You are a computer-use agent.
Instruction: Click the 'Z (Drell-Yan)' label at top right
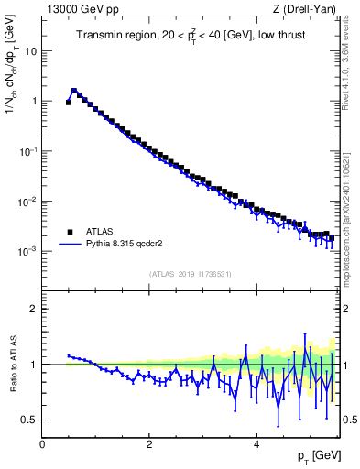pyautogui.click(x=307, y=9)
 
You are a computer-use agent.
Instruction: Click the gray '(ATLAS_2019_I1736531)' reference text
pyautogui.click(x=190, y=273)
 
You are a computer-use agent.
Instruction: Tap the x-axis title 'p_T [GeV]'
pyautogui.click(x=317, y=456)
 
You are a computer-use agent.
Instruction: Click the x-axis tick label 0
pyautogui.click(x=42, y=444)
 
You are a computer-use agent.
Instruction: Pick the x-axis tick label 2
pyautogui.click(x=149, y=444)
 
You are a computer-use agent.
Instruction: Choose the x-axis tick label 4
pyautogui.click(x=256, y=444)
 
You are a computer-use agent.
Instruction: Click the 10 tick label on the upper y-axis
pyautogui.click(x=30, y=51)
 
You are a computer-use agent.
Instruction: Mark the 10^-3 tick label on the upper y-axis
pyautogui.click(x=27, y=251)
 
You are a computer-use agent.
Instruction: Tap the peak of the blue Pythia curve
pyautogui.click(x=74, y=90)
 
